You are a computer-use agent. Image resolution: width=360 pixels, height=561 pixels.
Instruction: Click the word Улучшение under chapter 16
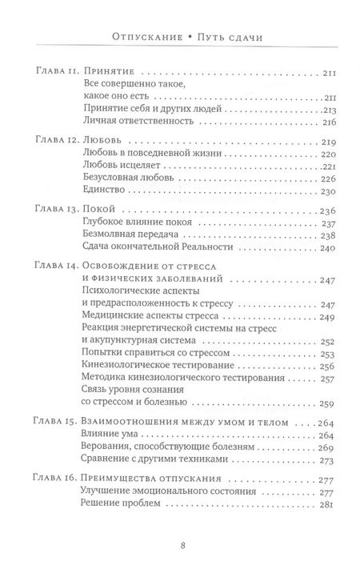pyautogui.click(x=110, y=491)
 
